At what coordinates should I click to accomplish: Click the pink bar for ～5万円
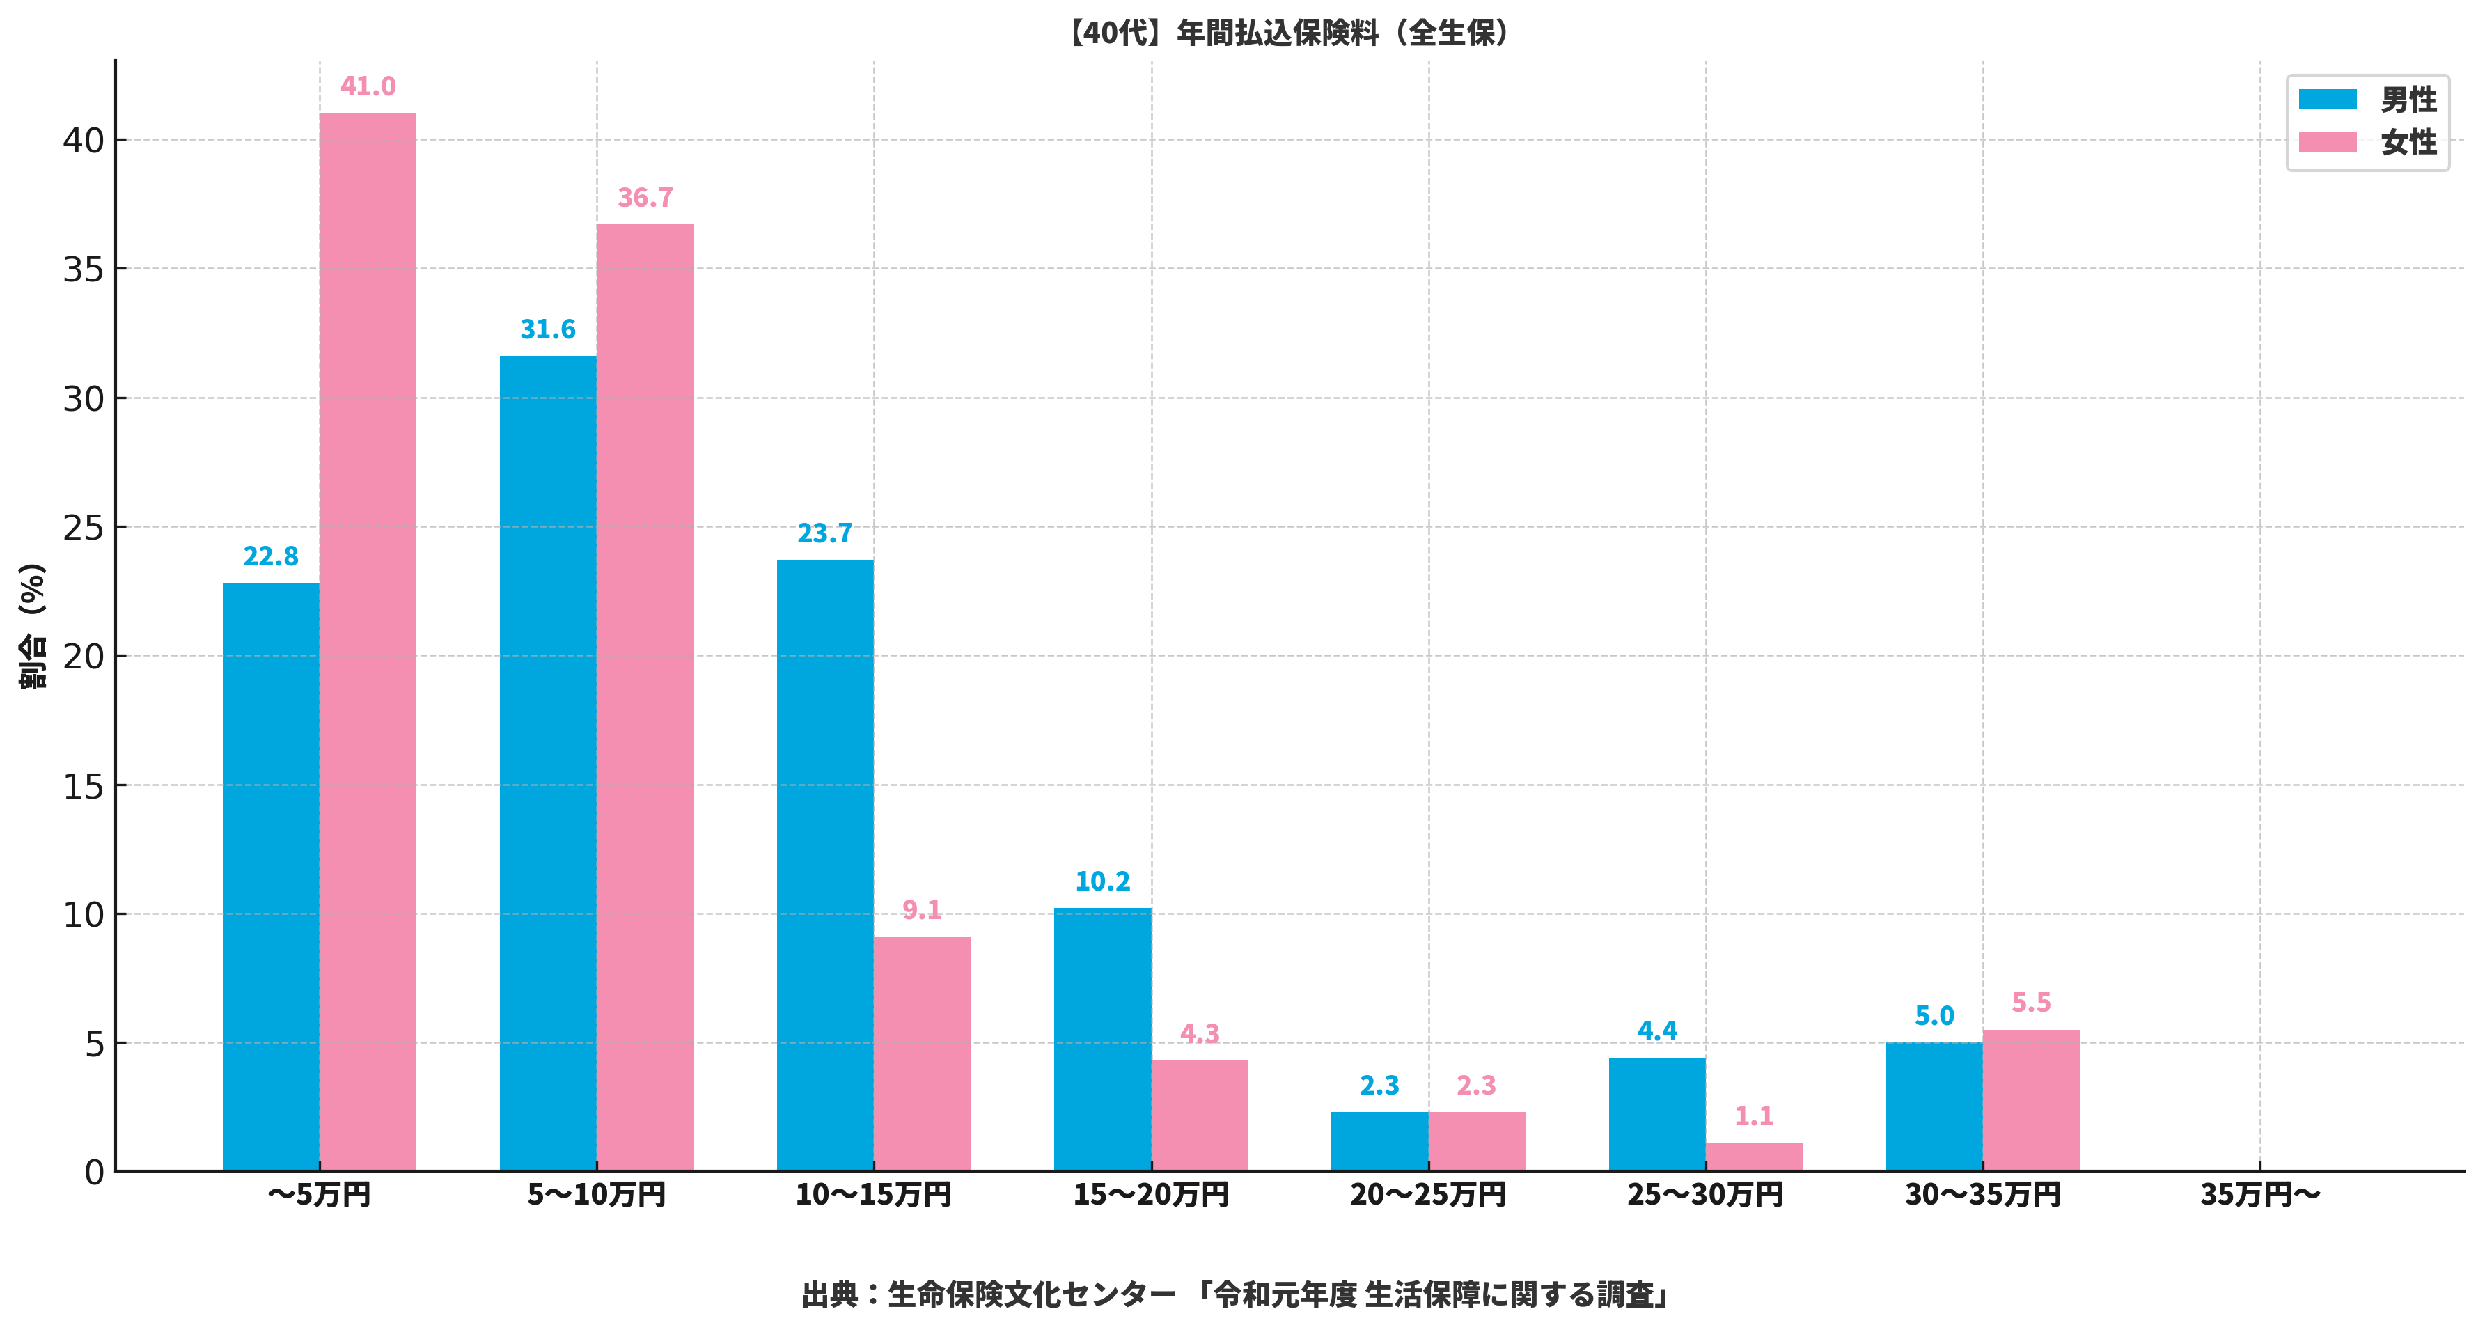368,641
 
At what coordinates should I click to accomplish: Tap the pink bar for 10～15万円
923,1053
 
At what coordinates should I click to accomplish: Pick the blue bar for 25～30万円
1656,1114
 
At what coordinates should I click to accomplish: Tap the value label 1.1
1754,1117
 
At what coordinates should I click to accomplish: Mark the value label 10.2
1103,882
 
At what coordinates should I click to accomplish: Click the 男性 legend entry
2368,100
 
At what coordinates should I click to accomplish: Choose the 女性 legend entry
2368,143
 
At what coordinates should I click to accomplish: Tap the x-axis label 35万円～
2259,1195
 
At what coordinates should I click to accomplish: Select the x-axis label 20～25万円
1428,1195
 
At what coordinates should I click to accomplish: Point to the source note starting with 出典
1237,1294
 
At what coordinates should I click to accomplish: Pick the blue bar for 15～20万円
1103,1040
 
